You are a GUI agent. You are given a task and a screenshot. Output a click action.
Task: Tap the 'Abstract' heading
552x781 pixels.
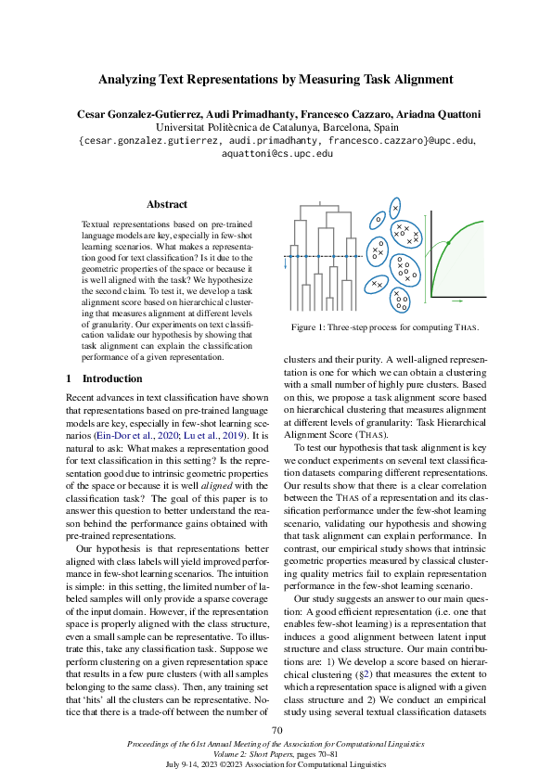167,204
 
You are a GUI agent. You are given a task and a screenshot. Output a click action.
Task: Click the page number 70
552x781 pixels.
276,731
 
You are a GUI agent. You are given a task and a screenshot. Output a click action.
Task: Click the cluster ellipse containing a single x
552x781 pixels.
395,210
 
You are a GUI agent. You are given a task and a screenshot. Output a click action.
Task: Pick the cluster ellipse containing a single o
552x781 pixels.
378,221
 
